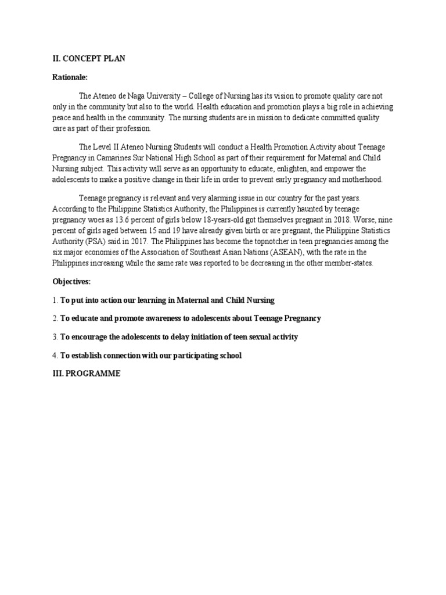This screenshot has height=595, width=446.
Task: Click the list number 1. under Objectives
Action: [55, 300]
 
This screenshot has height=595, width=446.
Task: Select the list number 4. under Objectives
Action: [55, 356]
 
